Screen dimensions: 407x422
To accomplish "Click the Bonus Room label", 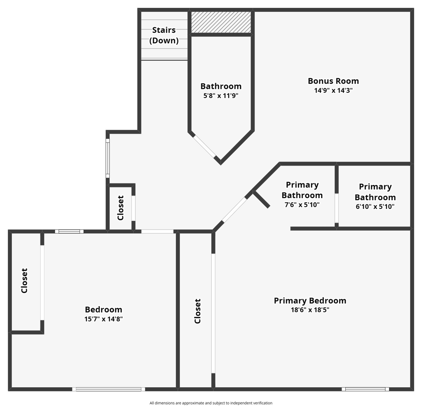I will point(333,81).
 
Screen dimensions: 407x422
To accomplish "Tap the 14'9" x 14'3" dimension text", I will point(333,91).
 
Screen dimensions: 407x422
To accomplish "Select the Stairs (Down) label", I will point(164,35).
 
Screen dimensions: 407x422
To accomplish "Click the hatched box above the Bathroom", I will point(221,22).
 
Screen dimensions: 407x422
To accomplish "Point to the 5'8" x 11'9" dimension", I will point(221,96).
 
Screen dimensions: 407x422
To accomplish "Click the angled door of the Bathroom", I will point(205,146).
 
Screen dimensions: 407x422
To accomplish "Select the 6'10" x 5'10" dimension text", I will point(375,206).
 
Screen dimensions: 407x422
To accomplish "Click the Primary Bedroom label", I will point(310,301).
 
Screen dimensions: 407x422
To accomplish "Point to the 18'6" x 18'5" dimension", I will point(310,310).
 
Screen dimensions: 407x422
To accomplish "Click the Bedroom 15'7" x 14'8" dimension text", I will point(104,318).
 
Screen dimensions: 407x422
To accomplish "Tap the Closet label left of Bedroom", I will point(24,281).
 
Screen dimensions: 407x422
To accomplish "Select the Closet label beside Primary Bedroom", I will point(197,311).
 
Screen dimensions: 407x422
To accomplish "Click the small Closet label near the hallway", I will point(120,208).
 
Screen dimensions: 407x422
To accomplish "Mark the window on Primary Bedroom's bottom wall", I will point(365,389).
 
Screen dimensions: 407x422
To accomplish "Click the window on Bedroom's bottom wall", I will point(109,389).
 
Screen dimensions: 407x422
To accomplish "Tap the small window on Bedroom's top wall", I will point(69,232).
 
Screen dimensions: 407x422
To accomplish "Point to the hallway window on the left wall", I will point(108,158).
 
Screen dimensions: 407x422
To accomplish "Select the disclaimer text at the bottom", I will point(211,403).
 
